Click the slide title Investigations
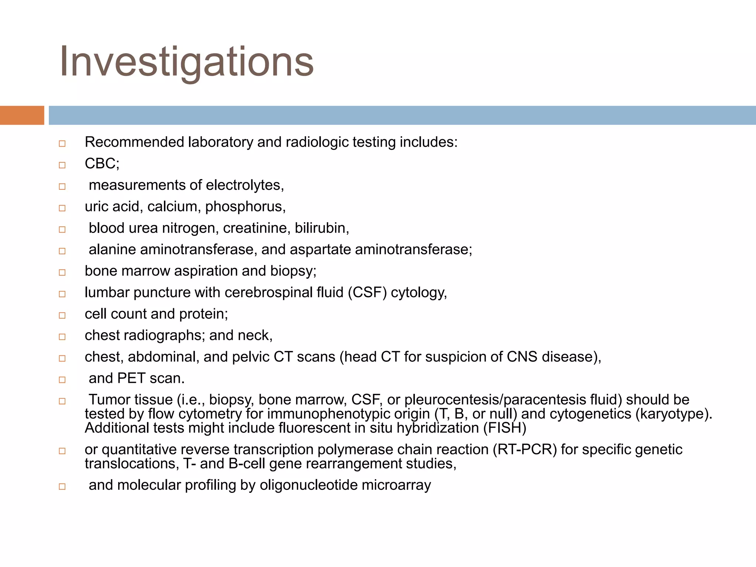186,62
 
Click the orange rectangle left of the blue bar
22,115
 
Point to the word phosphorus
245,207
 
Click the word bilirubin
322,228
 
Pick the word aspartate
320,250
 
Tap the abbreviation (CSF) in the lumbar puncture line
367,292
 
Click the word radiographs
164,336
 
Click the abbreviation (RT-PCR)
524,450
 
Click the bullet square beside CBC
62,165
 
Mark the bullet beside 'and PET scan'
62,380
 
